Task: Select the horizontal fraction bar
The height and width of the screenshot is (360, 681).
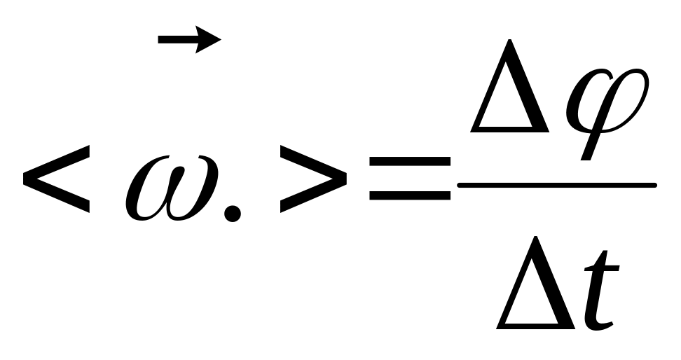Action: pos(556,185)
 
